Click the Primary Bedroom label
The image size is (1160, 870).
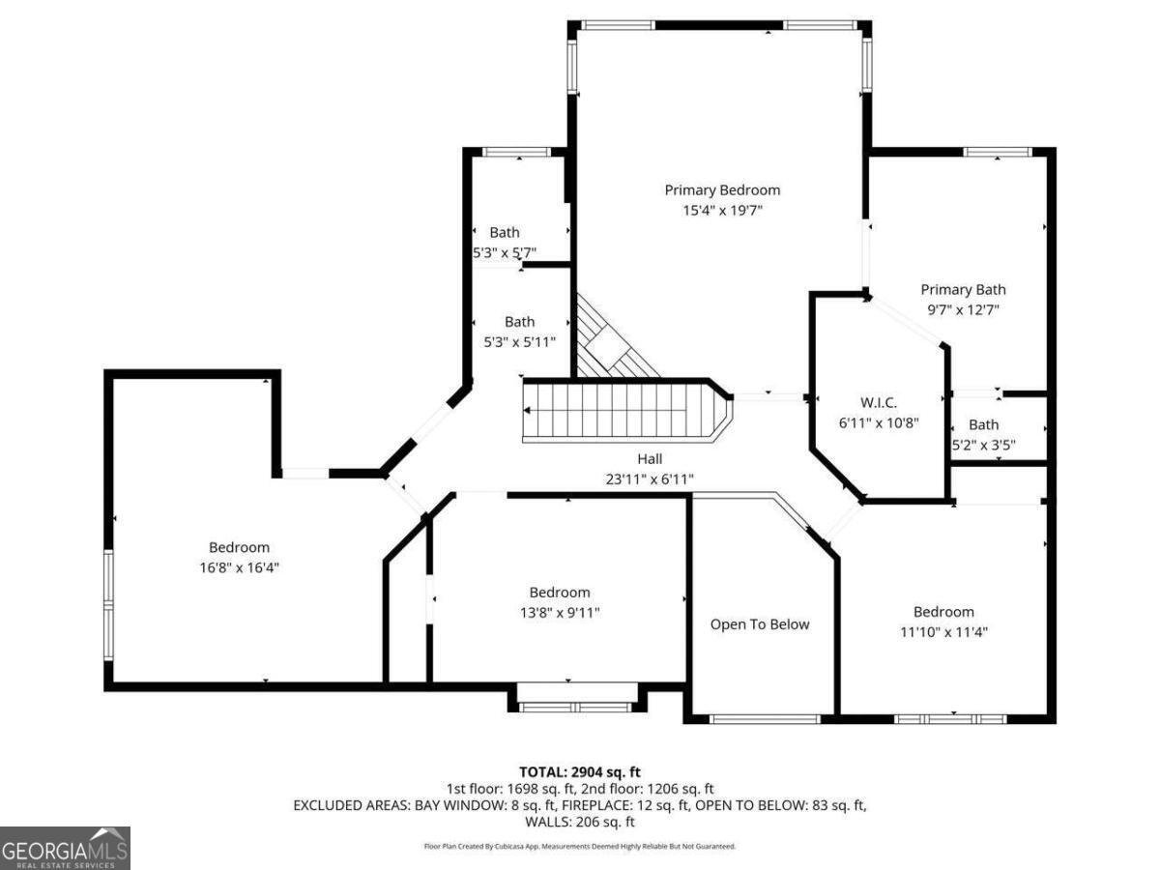click(721, 190)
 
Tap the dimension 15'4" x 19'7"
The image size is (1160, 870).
click(721, 210)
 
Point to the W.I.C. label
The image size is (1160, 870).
click(879, 401)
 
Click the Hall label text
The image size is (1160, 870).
click(650, 459)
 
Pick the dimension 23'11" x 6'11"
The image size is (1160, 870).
click(650, 478)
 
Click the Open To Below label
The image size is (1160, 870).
click(760, 624)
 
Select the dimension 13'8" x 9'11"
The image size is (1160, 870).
click(559, 612)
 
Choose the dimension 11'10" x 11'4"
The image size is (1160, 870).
click(943, 631)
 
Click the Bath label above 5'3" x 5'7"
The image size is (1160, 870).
click(504, 232)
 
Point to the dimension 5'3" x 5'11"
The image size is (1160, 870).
click(519, 341)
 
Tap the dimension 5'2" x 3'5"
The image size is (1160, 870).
click(983, 445)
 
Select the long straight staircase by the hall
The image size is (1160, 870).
click(619, 411)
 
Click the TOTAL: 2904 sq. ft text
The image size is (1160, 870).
click(579, 771)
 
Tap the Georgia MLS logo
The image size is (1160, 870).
click(65, 848)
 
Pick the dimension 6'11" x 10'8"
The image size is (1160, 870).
click(879, 421)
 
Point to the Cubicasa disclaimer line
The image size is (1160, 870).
click(579, 846)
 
